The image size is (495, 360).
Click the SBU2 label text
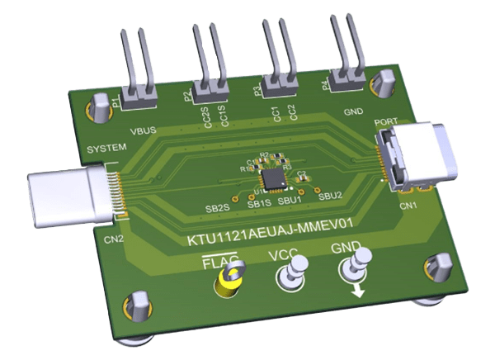330,197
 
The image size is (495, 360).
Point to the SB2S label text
217,211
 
